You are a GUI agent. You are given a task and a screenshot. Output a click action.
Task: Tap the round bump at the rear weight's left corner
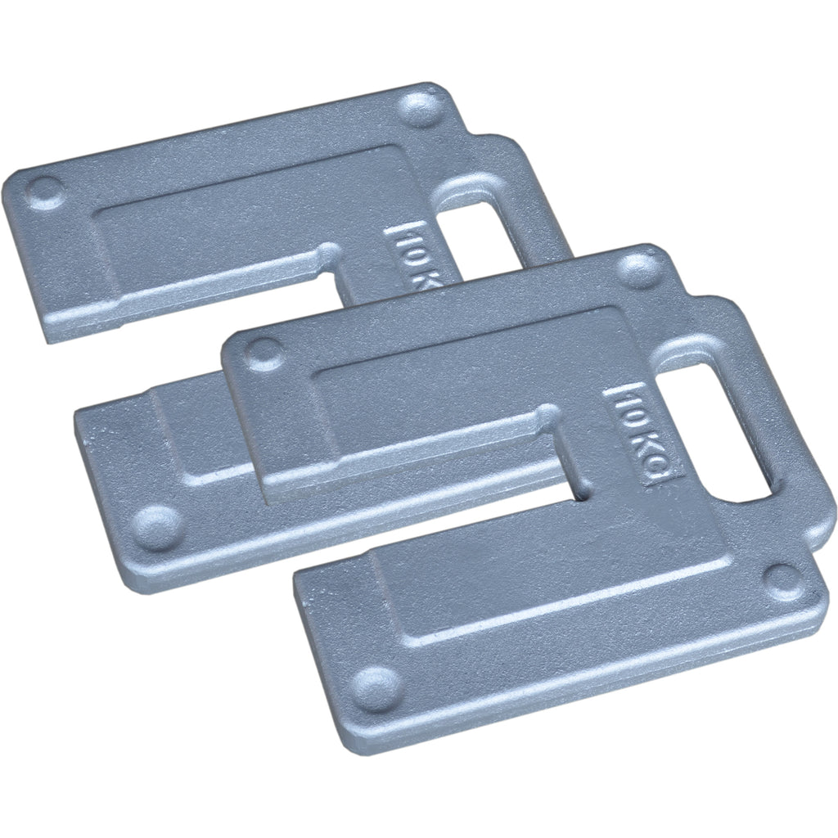42,190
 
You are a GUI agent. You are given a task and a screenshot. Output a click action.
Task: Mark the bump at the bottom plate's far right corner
783,577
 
